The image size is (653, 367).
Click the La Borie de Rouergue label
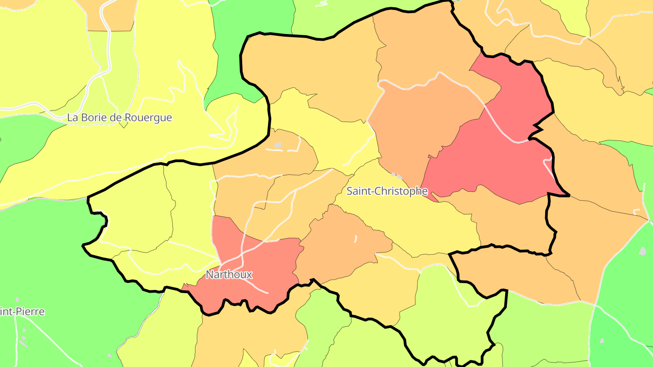tap(119, 118)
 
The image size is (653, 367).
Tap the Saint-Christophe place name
tap(387, 191)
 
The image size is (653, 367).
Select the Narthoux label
tap(229, 275)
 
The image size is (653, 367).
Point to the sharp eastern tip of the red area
tap(568, 196)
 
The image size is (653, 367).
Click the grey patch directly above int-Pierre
tap(17, 299)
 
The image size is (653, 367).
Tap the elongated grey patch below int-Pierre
tap(23, 343)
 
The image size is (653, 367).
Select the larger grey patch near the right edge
tap(643, 251)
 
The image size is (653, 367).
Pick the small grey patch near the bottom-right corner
tap(602, 340)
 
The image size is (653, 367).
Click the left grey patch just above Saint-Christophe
tap(393, 174)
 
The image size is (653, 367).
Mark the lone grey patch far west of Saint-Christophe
tap(278, 145)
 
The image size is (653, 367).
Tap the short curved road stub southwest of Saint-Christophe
tap(356, 238)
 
